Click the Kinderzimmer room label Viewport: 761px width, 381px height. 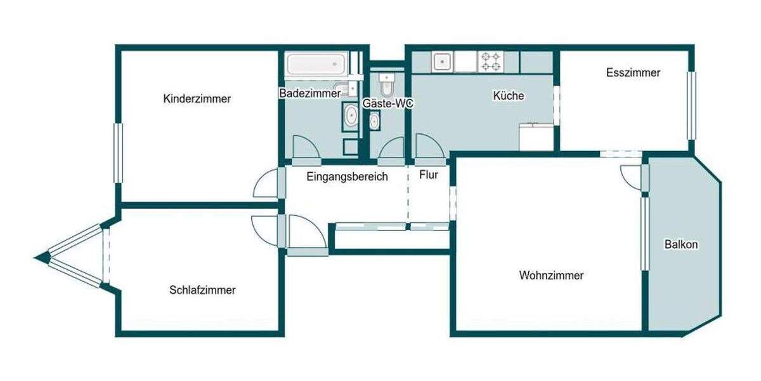(197, 99)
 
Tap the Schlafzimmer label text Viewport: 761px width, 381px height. (202, 290)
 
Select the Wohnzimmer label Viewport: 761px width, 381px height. (551, 276)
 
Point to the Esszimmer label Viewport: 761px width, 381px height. (633, 73)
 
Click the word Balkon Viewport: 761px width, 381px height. (681, 244)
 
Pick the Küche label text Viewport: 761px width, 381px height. (509, 97)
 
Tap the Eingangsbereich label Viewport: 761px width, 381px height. (347, 177)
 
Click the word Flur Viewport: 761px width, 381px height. (429, 175)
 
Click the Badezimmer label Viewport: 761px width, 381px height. (310, 93)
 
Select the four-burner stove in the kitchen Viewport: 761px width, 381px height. (491, 62)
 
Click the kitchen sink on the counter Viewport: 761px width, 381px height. (442, 62)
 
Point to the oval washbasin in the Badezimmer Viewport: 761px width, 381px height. (350, 116)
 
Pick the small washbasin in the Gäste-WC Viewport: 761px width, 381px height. (374, 120)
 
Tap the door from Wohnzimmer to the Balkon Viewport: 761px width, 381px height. (633, 175)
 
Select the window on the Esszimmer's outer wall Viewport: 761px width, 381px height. (691, 105)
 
